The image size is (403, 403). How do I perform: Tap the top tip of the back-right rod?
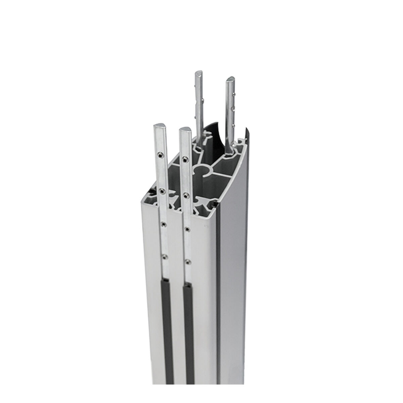(231, 80)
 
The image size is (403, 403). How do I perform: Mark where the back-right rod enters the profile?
(230, 148)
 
